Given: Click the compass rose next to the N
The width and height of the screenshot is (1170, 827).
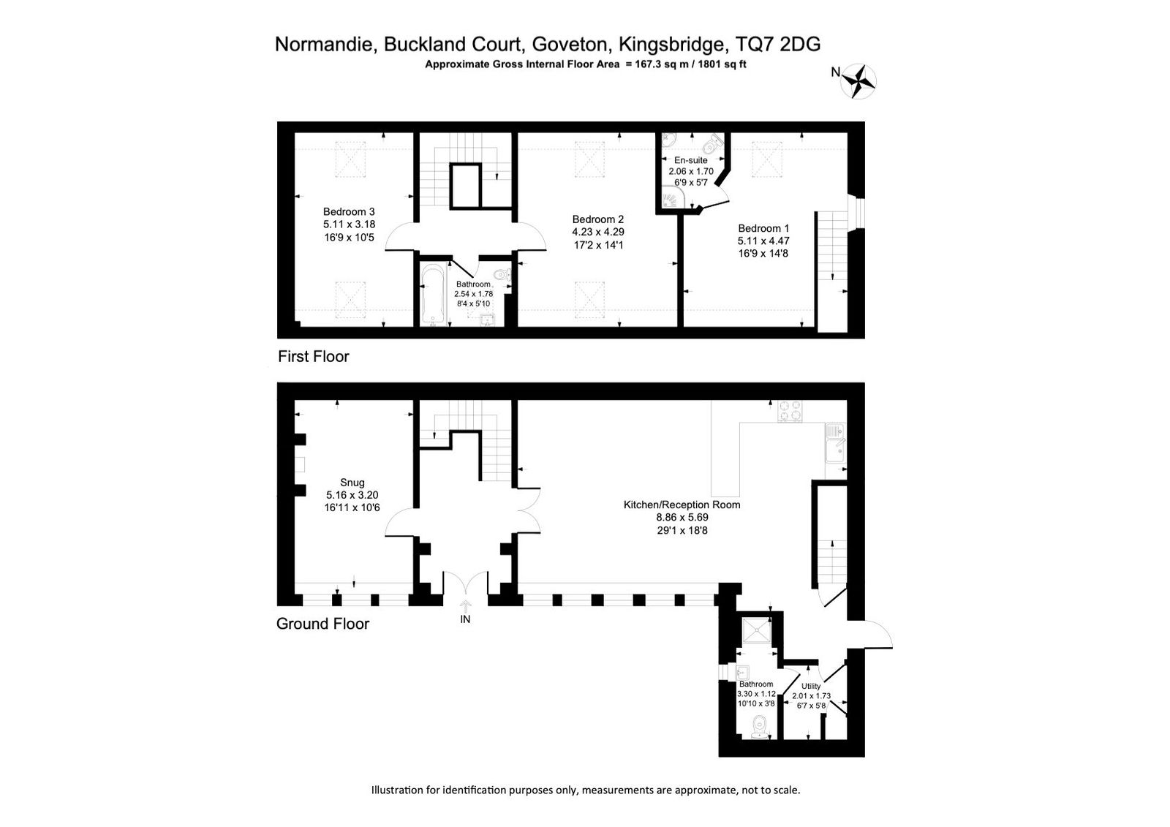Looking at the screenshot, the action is [858, 81].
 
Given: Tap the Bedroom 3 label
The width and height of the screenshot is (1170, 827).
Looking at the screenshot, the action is [349, 211].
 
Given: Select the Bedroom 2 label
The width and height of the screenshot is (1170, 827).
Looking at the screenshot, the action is [598, 219].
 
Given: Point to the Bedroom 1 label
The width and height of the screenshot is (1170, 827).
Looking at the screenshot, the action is [763, 228].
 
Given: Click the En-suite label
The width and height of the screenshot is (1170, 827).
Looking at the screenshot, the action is [691, 160].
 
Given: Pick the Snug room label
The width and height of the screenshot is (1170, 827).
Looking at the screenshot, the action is [352, 483].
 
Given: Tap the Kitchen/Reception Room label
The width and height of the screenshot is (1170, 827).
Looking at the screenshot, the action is [682, 505].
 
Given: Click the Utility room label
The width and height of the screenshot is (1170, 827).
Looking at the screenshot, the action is [811, 686].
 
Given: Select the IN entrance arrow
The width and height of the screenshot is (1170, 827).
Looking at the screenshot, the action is [465, 606].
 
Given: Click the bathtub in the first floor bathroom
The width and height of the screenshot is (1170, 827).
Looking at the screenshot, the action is [433, 295].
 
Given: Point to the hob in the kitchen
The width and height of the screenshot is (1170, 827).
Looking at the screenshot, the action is [790, 411].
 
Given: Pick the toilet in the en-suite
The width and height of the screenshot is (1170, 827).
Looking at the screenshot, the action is [714, 142].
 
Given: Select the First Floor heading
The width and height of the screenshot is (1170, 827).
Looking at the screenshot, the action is [314, 356].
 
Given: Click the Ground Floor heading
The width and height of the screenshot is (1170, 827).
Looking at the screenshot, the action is [322, 624].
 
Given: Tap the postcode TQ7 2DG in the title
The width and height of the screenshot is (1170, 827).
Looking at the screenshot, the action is [778, 45].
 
